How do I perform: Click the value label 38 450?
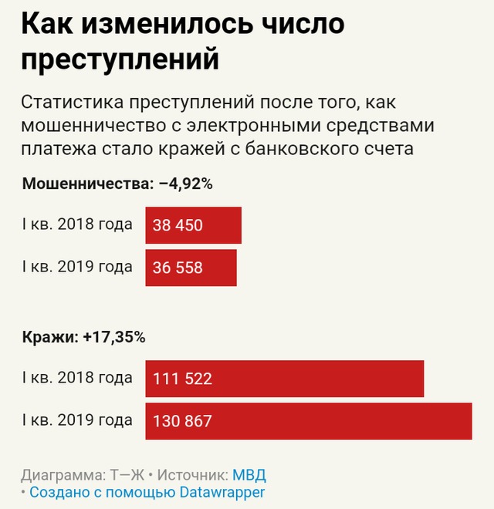point(178,225)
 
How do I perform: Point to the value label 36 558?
point(178,268)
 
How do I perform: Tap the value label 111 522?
point(183,379)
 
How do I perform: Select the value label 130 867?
point(183,421)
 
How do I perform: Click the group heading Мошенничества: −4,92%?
point(117,184)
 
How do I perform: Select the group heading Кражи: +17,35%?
point(83,337)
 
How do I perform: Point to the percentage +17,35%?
point(114,337)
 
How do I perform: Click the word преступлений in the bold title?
point(120,59)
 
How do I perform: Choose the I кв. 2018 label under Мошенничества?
point(77,225)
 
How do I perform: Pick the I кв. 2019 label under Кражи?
point(77,421)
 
